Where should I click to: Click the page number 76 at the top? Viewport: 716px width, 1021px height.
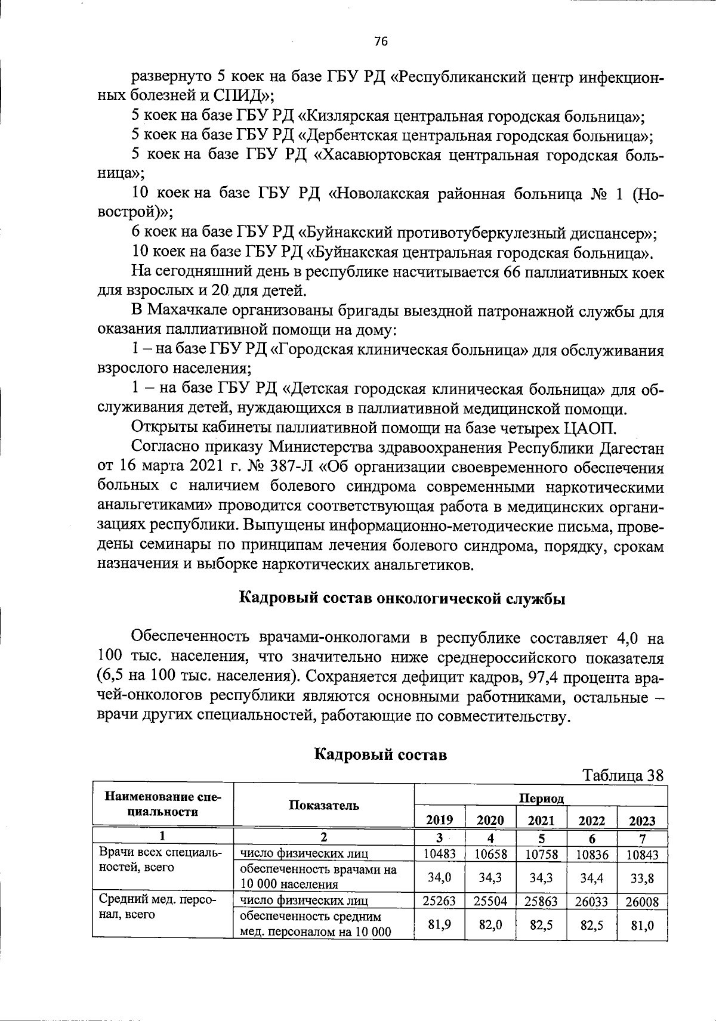[x=381, y=41]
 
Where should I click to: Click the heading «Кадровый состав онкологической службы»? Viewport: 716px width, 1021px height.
[x=402, y=598]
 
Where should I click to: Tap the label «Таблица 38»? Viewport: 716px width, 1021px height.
[x=623, y=775]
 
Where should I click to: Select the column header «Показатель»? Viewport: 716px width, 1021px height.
[x=324, y=805]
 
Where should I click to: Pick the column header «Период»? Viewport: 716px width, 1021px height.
[x=541, y=798]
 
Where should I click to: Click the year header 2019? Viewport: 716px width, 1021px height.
[x=440, y=820]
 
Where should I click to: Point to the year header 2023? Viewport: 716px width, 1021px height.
[x=642, y=820]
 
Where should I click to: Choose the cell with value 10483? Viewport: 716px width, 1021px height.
[x=440, y=854]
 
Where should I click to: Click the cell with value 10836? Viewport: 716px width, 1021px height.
[x=591, y=854]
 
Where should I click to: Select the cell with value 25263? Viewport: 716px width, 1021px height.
[x=440, y=901]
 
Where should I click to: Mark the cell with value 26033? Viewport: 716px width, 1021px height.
[x=591, y=901]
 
